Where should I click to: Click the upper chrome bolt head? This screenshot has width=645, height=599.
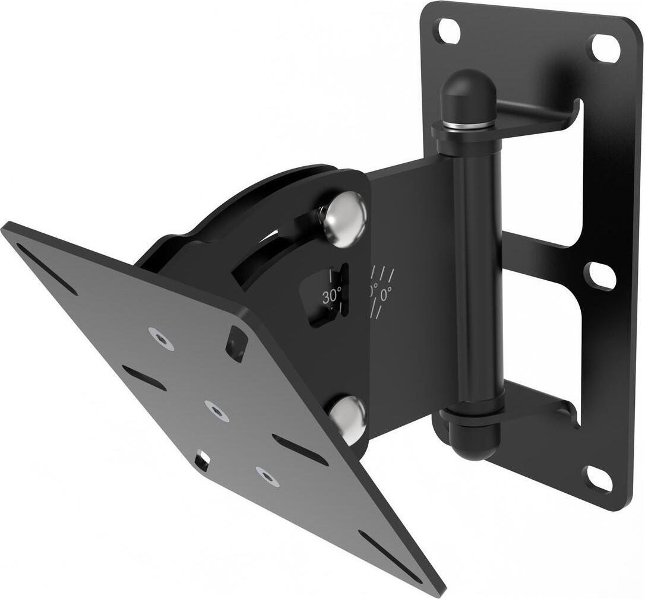(x=344, y=218)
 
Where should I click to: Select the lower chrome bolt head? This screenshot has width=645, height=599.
(x=348, y=418)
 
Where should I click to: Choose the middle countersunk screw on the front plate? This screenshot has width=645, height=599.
(x=217, y=410)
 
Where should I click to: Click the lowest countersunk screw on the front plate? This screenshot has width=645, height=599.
(x=267, y=476)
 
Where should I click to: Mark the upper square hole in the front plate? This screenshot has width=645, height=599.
(x=236, y=343)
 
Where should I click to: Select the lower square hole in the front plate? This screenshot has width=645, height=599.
(x=202, y=461)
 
